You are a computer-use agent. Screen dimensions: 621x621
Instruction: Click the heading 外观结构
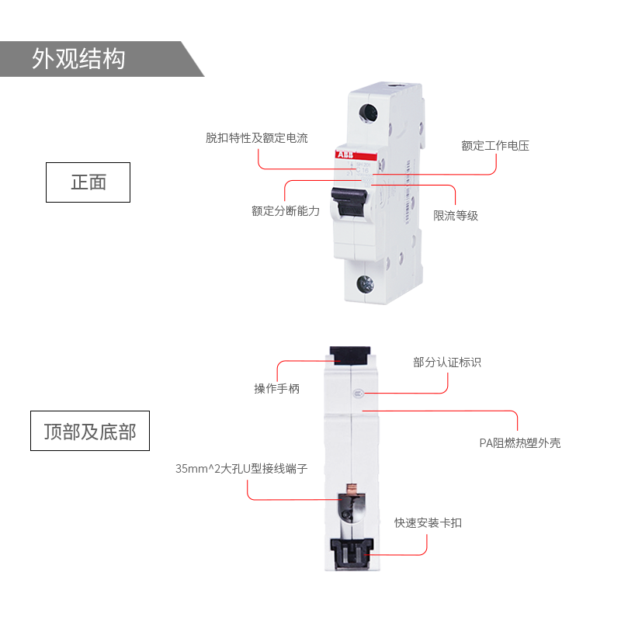click(x=78, y=59)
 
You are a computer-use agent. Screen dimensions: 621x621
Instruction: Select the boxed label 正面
click(x=88, y=182)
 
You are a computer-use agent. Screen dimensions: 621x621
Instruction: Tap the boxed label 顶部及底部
click(x=89, y=431)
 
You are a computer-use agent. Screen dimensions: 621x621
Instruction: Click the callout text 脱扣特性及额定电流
click(x=256, y=138)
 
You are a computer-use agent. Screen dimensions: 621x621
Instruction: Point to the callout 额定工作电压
click(x=495, y=145)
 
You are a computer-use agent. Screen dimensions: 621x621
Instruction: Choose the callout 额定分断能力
click(x=285, y=210)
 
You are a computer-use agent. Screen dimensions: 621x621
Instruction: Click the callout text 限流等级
click(x=456, y=216)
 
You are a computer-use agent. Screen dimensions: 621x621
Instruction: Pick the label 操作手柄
click(x=276, y=388)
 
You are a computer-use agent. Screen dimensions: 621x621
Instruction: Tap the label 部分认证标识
click(x=447, y=363)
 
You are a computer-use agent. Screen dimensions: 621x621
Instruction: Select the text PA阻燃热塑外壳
click(x=519, y=443)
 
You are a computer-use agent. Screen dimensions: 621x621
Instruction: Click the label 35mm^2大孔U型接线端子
click(x=241, y=469)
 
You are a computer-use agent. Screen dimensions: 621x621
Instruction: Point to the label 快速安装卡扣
click(x=428, y=523)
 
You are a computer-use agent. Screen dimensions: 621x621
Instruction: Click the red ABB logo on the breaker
click(x=345, y=154)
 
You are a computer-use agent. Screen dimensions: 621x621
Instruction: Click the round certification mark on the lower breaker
click(x=359, y=393)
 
